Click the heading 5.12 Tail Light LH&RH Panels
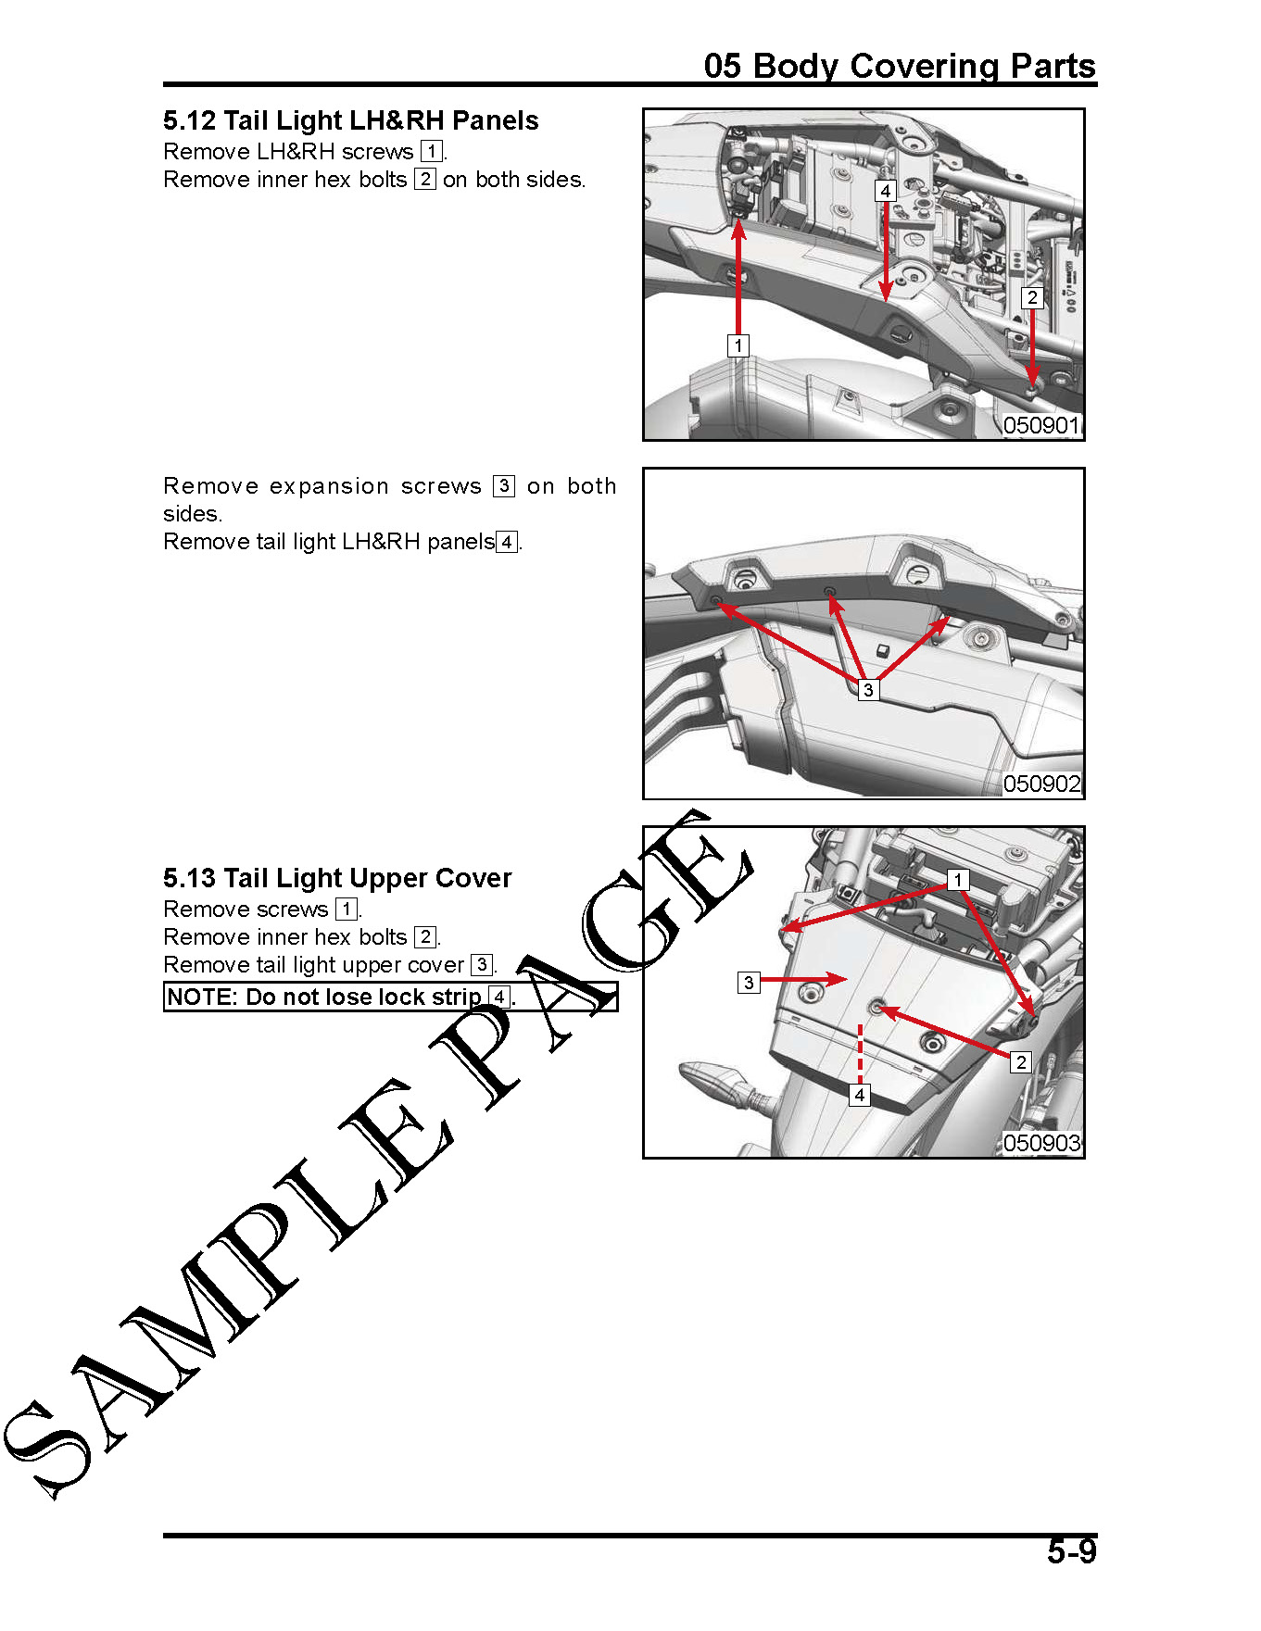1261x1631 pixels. tap(350, 120)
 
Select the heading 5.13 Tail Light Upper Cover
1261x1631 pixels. tap(337, 878)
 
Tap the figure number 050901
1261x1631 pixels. tap(1042, 425)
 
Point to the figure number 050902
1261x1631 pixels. tap(1042, 784)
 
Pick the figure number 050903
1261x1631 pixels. tap(1042, 1143)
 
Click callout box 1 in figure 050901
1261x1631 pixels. tap(738, 345)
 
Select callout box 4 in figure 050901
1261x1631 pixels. tap(886, 191)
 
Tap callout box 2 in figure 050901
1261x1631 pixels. tap(1032, 297)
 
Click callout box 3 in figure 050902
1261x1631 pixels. tap(868, 690)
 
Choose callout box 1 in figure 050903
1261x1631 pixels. tap(958, 879)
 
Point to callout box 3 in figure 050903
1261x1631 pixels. tap(749, 983)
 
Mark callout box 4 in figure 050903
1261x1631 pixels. tap(860, 1095)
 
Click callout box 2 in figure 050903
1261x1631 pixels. tap(1021, 1062)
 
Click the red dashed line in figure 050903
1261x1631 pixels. tap(860, 1054)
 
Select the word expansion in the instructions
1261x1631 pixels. tap(329, 486)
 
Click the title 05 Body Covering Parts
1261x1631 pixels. tap(900, 66)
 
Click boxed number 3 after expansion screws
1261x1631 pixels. tap(504, 486)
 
